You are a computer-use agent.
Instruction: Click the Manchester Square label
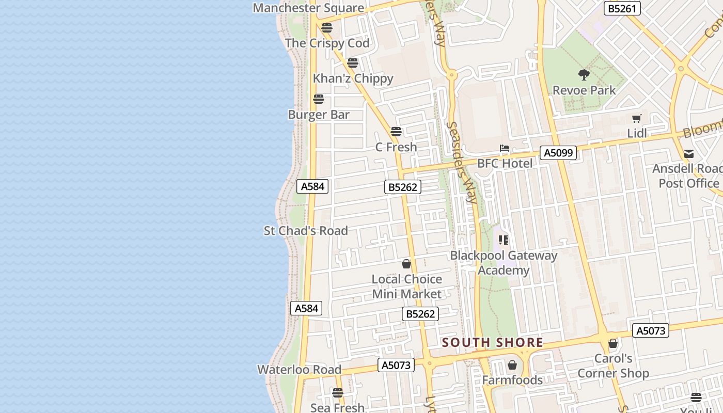click(x=308, y=8)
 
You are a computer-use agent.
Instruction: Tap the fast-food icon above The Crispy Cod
click(x=326, y=27)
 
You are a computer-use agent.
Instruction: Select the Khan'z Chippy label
click(x=353, y=78)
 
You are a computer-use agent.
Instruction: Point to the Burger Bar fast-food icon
click(x=319, y=99)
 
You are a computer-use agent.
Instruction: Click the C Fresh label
click(x=396, y=147)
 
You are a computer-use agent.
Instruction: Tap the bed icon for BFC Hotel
click(x=505, y=149)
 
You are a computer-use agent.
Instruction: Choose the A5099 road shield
click(x=558, y=152)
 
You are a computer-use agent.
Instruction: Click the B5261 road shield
click(x=622, y=8)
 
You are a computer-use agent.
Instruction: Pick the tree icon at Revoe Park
click(x=584, y=75)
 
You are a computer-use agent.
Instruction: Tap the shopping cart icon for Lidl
click(x=637, y=118)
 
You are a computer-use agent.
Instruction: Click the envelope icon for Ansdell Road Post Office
click(x=689, y=154)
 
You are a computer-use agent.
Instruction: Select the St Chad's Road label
click(x=306, y=231)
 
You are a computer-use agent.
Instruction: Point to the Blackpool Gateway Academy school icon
click(x=504, y=240)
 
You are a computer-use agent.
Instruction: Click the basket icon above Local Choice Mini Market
click(x=406, y=264)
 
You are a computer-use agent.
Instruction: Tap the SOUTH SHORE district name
click(x=492, y=342)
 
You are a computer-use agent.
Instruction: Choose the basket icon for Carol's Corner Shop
click(x=613, y=343)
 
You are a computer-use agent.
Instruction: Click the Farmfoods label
click(x=512, y=380)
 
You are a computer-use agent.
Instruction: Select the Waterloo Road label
click(x=299, y=370)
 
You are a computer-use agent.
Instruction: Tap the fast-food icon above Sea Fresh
click(x=338, y=393)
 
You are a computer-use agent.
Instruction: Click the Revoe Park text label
click(x=584, y=90)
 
